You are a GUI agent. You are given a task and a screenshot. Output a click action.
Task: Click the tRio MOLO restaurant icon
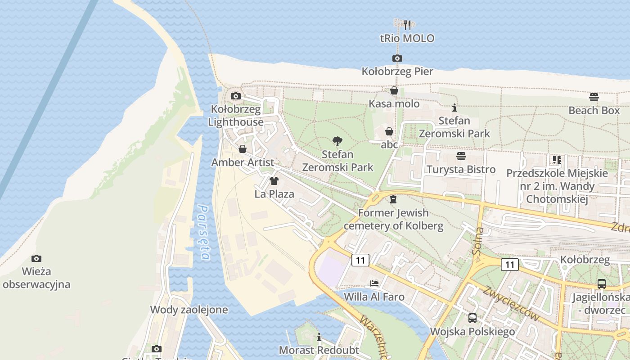[x=407, y=25]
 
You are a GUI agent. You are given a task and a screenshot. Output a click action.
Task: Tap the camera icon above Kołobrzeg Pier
[x=397, y=58]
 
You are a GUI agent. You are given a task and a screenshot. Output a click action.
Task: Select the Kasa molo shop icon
[x=394, y=90]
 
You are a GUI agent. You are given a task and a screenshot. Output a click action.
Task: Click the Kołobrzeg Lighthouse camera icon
[x=235, y=96]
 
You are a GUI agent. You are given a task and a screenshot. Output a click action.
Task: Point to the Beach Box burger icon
[x=594, y=97]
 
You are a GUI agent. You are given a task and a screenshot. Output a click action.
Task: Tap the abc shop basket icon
[x=389, y=131]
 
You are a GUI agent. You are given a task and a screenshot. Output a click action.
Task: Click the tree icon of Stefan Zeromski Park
[x=337, y=141]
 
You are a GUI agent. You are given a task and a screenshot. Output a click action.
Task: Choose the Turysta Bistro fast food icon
[x=461, y=156]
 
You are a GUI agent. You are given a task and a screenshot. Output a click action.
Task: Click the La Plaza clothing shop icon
[x=274, y=181]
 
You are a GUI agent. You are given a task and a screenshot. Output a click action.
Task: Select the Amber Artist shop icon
[x=243, y=149]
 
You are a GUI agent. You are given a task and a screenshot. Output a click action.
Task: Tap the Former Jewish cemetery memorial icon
[x=393, y=199]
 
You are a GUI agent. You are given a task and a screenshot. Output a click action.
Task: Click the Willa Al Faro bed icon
[x=374, y=283]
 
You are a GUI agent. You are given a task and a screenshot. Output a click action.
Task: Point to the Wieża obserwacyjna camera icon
[x=36, y=258]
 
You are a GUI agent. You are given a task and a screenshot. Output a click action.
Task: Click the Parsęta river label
[x=204, y=233]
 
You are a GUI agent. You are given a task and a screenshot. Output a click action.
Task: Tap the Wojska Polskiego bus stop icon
[x=472, y=318]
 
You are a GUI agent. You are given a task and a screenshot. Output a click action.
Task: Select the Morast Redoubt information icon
[x=319, y=337]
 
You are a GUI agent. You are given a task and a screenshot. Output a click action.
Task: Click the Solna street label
[x=479, y=241]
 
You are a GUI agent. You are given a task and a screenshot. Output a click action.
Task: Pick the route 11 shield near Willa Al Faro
[x=360, y=260]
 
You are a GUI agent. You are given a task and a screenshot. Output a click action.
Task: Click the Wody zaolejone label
[x=189, y=310]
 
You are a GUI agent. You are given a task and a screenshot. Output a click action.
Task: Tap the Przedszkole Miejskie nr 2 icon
[x=557, y=159]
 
